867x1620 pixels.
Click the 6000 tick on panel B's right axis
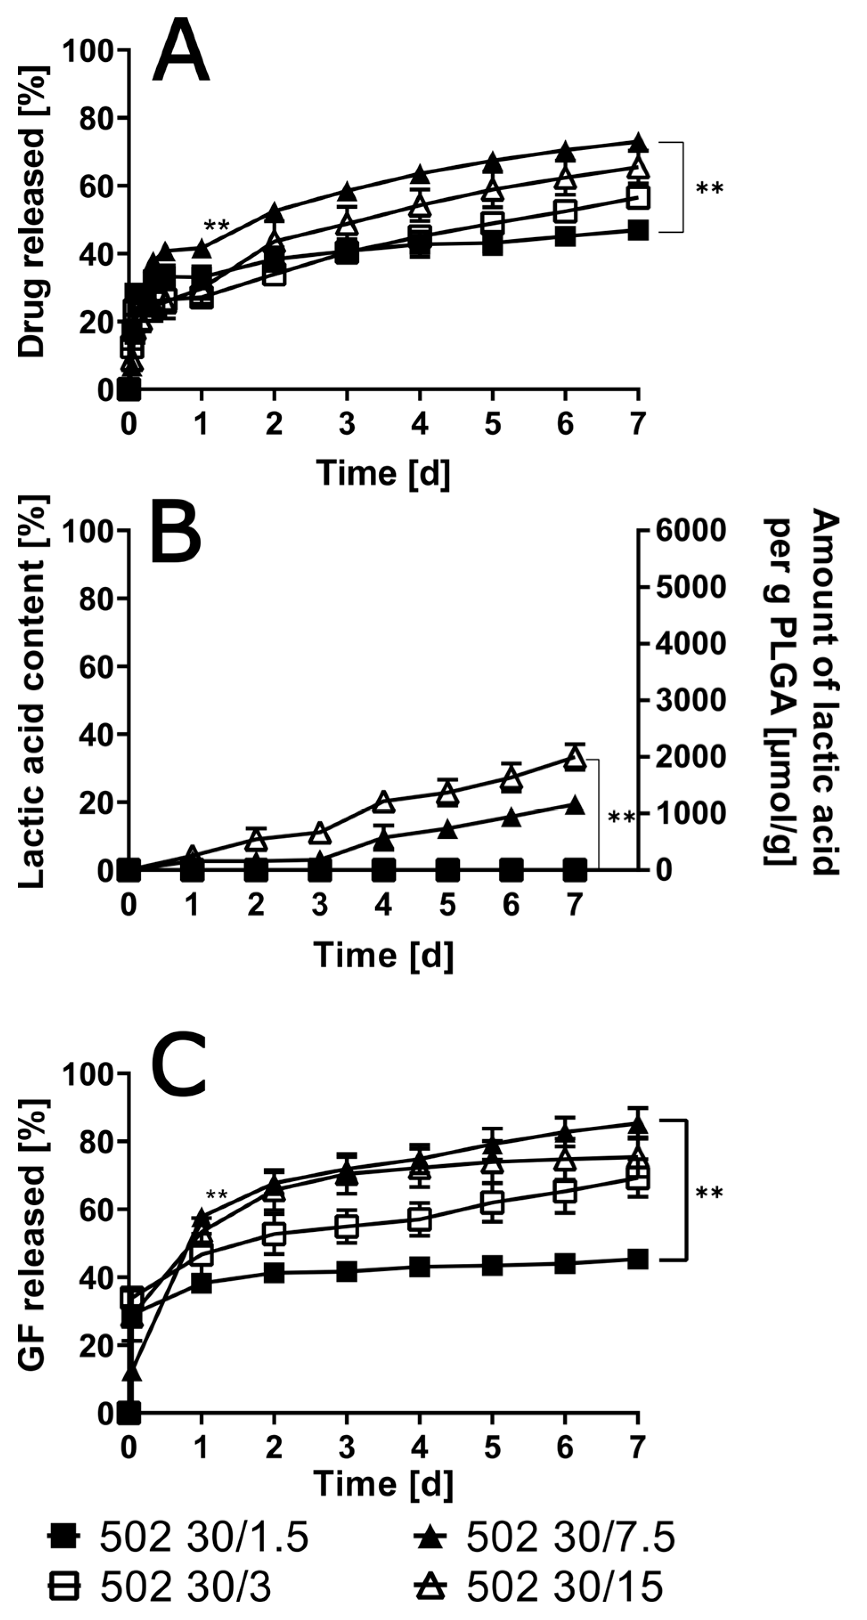(690, 531)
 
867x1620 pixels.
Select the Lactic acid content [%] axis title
(32, 692)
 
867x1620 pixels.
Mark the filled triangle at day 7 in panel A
(638, 142)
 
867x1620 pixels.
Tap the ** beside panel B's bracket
(621, 817)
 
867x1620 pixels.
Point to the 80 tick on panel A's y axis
(94, 118)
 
